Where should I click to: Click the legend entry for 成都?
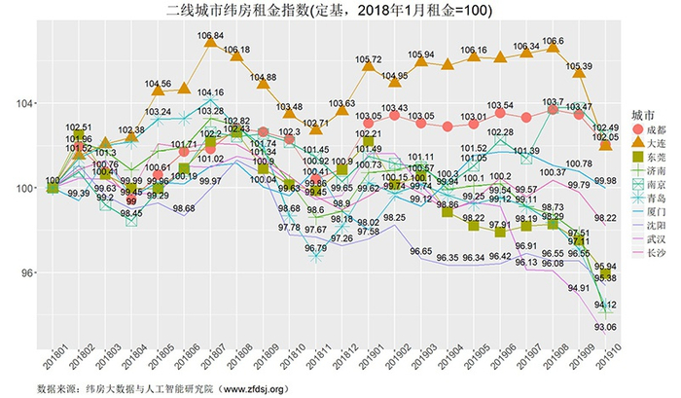click(x=654, y=129)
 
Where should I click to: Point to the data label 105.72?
click(x=369, y=60)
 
